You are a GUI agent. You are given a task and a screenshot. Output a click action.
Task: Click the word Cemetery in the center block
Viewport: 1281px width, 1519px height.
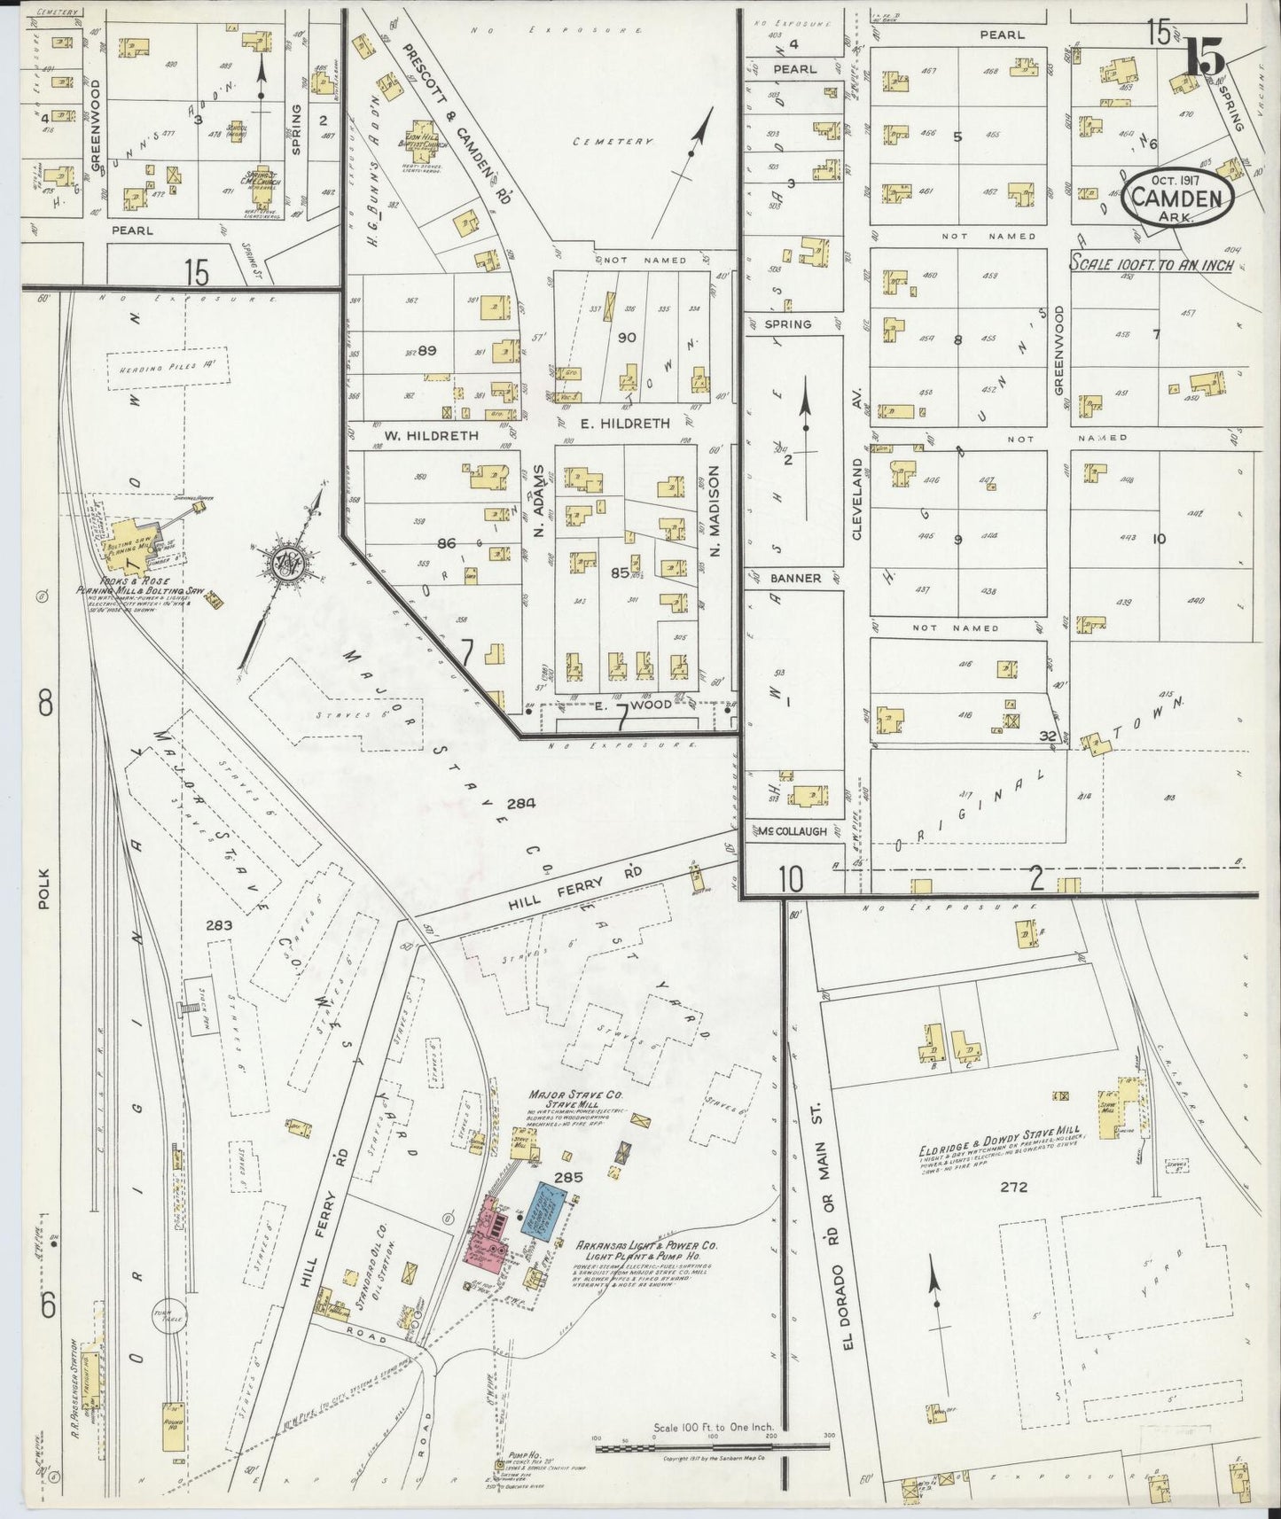point(613,142)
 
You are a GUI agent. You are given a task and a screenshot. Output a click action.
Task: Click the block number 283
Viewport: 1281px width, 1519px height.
point(219,925)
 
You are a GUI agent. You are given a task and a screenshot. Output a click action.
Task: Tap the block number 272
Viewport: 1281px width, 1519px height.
point(1012,1187)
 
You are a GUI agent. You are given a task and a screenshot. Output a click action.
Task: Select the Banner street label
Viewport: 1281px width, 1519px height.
point(794,578)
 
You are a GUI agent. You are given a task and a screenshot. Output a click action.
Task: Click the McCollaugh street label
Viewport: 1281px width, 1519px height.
point(792,831)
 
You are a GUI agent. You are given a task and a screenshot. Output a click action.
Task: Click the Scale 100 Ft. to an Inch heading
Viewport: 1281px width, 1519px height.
point(1150,263)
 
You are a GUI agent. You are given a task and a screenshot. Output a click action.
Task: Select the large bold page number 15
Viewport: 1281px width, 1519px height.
point(1207,57)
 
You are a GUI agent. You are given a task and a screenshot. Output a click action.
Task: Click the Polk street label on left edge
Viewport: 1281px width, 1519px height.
point(46,890)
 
